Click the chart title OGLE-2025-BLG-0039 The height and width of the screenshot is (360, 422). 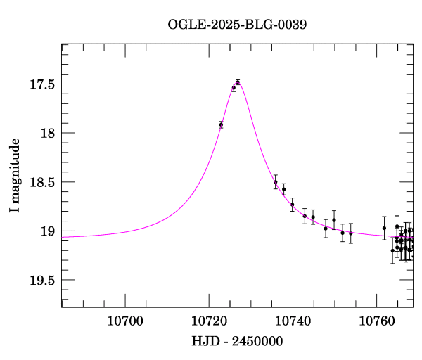tap(237, 24)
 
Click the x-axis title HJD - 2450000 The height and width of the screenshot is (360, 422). tap(237, 341)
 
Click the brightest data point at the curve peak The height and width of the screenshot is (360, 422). tap(238, 82)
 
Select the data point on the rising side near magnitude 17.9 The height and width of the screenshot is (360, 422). tap(221, 124)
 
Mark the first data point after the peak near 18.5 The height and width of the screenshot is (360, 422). tap(276, 181)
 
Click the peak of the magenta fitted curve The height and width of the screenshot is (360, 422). tap(238, 82)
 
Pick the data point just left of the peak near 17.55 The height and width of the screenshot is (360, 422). tap(234, 88)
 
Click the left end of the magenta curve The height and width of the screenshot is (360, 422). tap(63, 236)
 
